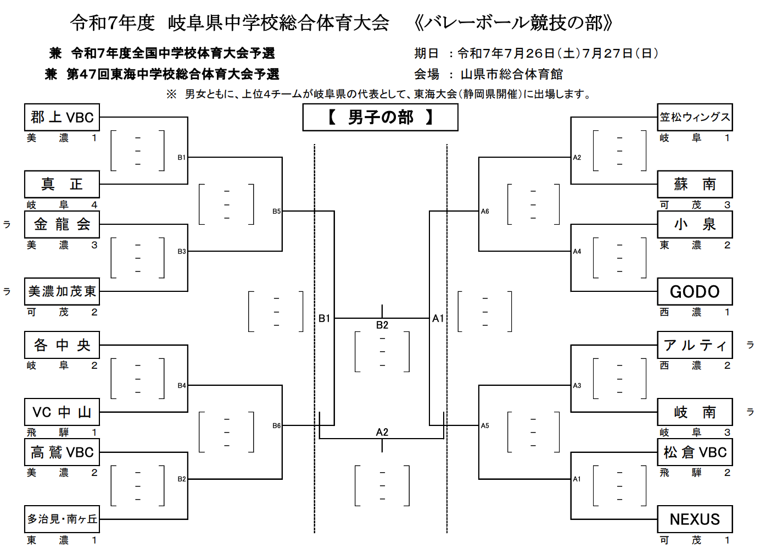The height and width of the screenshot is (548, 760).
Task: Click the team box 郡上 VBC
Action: (x=62, y=117)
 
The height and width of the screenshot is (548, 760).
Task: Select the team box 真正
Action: (x=62, y=184)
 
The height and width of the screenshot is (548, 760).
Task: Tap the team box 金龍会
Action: (x=62, y=224)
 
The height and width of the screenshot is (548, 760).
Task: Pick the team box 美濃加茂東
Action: (x=62, y=291)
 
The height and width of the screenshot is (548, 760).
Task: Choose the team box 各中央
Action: (x=62, y=345)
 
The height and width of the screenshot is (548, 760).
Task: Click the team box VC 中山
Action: (x=62, y=412)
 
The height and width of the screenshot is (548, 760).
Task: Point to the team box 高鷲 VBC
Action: (x=62, y=452)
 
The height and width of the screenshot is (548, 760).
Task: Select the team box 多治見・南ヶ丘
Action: (x=62, y=519)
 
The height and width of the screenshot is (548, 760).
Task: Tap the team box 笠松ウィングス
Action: (x=695, y=117)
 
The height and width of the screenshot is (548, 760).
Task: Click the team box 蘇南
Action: (x=695, y=184)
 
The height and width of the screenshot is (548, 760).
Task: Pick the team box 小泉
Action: (x=695, y=224)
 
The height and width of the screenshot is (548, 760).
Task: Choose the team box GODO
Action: (x=695, y=291)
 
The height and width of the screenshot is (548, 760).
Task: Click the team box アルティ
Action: (x=695, y=345)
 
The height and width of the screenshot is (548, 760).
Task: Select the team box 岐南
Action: (x=695, y=412)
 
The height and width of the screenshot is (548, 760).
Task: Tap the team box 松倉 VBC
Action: (x=695, y=452)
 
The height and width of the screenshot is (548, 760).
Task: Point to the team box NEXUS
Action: (x=695, y=519)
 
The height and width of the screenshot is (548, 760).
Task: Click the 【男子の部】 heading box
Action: (x=380, y=118)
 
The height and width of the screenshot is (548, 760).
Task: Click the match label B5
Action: (x=276, y=211)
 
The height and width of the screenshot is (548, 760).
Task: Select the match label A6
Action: (x=485, y=211)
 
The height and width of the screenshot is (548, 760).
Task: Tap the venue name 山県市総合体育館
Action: (x=511, y=74)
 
